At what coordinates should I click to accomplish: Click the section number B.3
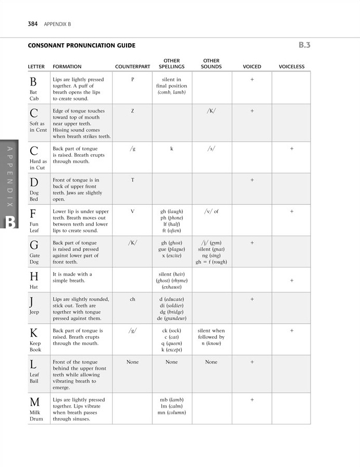pos(305,45)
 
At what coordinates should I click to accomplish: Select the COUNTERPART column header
pos(132,67)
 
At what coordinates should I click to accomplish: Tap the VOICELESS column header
pos(292,67)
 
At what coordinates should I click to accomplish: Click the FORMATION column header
pos(67,67)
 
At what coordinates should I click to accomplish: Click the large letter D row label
pos(34,182)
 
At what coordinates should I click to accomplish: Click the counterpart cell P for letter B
pos(132,80)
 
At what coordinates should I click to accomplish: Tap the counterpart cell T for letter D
pos(132,180)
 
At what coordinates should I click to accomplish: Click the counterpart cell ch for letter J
pos(132,299)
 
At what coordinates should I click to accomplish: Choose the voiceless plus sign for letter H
pos(292,280)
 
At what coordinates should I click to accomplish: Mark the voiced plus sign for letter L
pos(252,362)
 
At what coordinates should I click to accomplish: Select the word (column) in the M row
pos(176,412)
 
